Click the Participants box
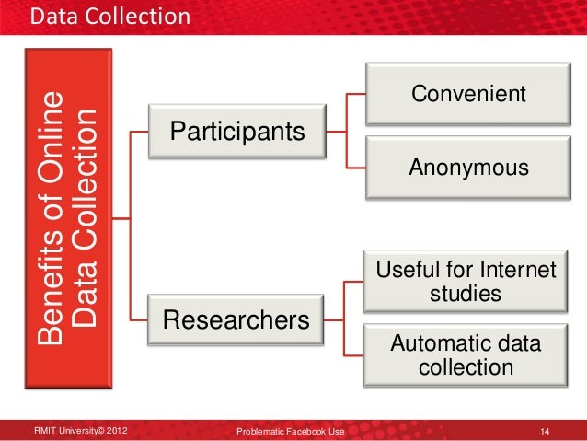(x=236, y=131)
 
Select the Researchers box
(x=236, y=319)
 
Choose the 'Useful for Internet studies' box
(x=466, y=283)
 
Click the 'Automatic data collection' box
(x=466, y=355)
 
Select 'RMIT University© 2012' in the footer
(x=81, y=430)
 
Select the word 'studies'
(x=466, y=295)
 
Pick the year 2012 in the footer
(x=115, y=430)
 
